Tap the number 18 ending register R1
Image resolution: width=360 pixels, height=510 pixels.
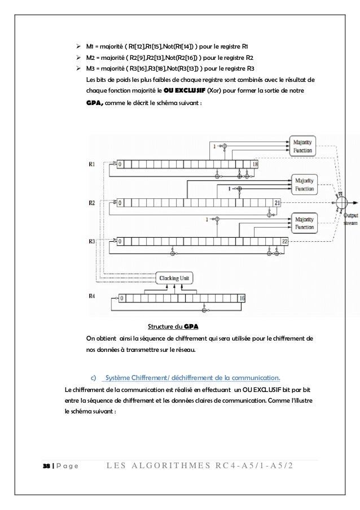(254, 164)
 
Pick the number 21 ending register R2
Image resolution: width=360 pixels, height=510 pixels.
(277, 202)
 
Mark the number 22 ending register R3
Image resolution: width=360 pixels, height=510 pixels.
(285, 241)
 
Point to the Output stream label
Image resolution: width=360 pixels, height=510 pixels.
(350, 219)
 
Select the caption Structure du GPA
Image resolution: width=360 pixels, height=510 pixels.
(173, 327)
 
